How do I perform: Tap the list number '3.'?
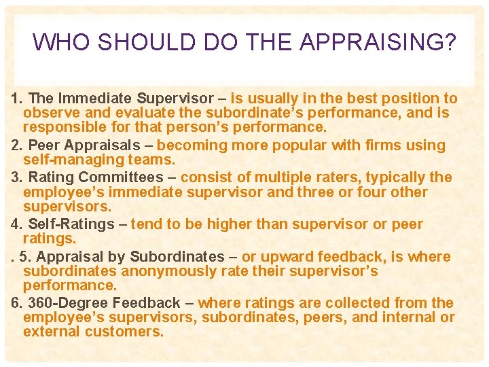(17, 178)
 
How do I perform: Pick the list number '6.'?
(17, 303)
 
